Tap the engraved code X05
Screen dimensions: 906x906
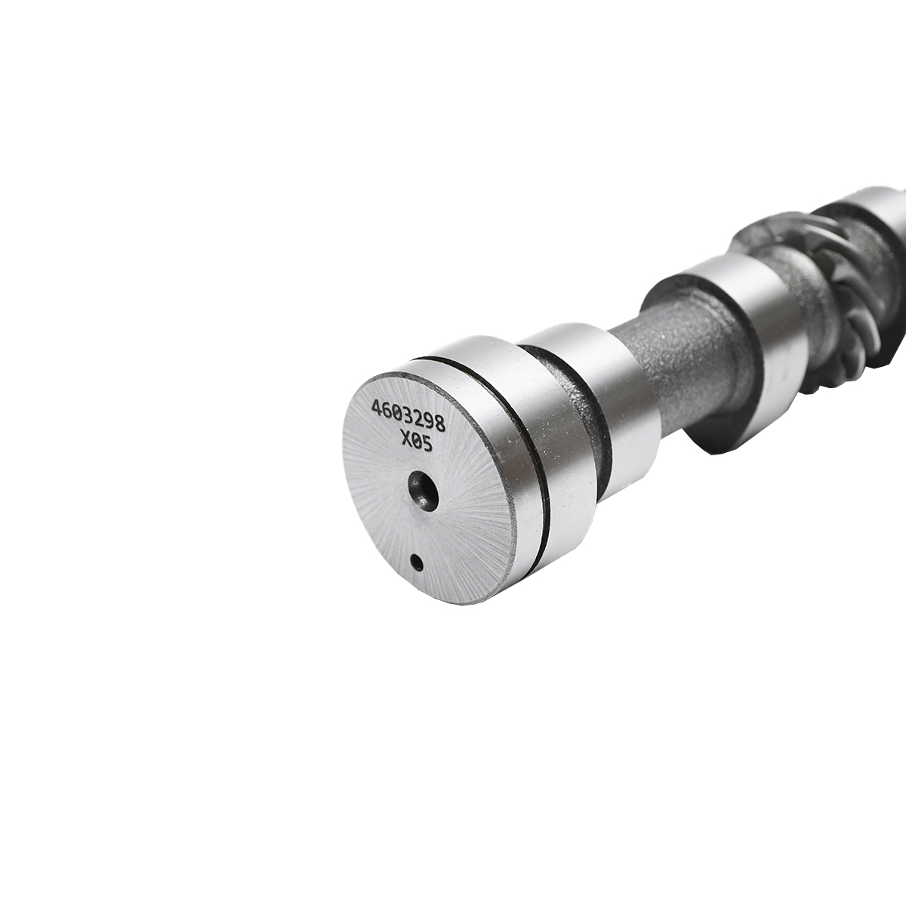pos(416,443)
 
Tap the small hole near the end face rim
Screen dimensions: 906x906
pos(416,561)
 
